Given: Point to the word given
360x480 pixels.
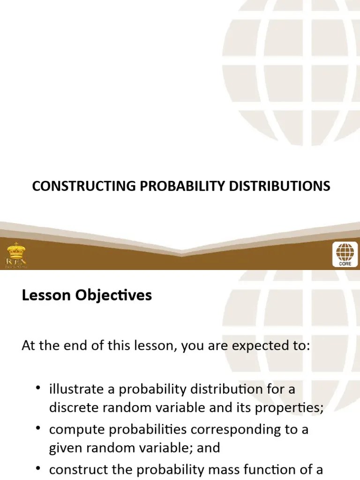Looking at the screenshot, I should (x=64, y=448).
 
